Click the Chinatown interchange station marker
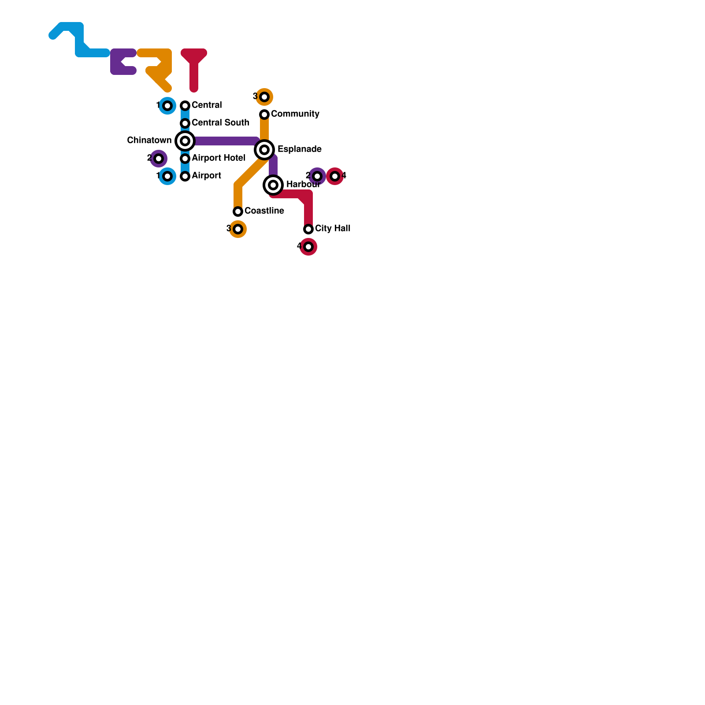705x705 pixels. click(x=185, y=141)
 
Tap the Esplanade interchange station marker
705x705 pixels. click(x=264, y=150)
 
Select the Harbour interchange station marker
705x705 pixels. click(x=273, y=185)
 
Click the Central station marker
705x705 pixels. click(x=185, y=106)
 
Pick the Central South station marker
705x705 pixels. click(x=185, y=123)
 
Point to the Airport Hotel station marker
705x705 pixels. click(x=185, y=159)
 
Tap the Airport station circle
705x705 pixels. click(x=185, y=176)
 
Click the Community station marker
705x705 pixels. click(x=264, y=115)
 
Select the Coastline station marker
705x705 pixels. click(x=238, y=211)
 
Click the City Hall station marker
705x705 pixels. click(x=308, y=229)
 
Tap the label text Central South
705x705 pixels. click(x=220, y=122)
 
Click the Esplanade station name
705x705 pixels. click(x=300, y=149)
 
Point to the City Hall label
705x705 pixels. click(x=333, y=228)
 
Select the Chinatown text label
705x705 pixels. click(x=149, y=140)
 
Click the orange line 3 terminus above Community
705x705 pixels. click(x=264, y=97)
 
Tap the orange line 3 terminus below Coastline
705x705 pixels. click(x=238, y=229)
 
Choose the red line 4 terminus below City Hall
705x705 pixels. click(x=308, y=247)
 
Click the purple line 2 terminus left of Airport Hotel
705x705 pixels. click(x=159, y=159)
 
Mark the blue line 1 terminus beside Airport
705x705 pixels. click(x=167, y=176)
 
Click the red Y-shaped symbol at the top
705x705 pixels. click(x=194, y=66)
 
